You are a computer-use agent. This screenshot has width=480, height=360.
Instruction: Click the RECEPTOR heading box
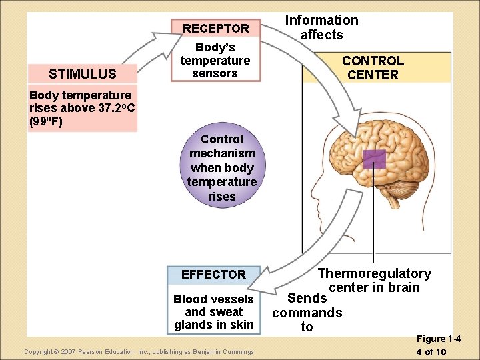coord(215,28)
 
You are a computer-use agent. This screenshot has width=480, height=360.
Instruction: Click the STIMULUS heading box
coord(83,73)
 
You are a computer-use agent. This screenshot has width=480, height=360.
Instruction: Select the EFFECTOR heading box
coord(213,274)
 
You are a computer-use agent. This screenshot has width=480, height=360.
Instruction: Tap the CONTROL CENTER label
coord(373,68)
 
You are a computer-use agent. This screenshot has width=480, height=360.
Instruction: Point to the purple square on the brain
coord(374,159)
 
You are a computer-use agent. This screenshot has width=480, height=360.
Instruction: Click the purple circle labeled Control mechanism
coord(221,167)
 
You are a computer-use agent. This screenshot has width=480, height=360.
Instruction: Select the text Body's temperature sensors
coord(215,61)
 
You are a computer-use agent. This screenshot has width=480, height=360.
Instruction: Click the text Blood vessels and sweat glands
coord(213,311)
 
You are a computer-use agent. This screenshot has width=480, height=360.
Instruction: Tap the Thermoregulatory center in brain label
coord(374,281)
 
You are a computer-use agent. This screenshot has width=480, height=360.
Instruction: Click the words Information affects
coord(321,27)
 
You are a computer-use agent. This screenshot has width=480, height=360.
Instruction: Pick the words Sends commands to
coord(307,312)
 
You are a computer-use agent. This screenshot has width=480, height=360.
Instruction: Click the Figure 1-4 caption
coord(438,339)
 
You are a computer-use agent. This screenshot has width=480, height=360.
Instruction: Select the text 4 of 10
coord(431,352)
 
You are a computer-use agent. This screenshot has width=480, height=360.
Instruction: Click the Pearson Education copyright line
coord(139,351)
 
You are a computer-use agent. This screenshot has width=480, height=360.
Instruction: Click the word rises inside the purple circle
coord(221,197)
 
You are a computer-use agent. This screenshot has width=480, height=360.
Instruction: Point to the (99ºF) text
coord(45,121)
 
